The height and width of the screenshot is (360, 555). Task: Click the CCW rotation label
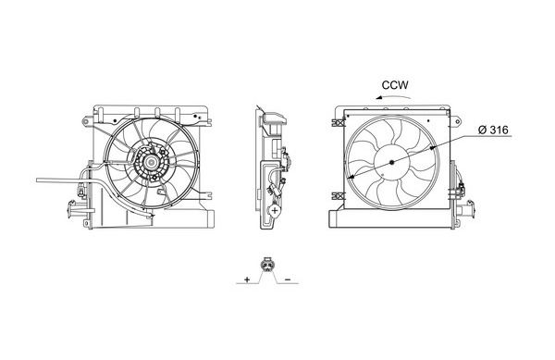[395, 85]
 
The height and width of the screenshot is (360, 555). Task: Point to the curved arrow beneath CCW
[393, 96]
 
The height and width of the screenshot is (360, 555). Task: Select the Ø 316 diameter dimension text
[493, 130]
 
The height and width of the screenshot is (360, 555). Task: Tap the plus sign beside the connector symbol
[247, 279]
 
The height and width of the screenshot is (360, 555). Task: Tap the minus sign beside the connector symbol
[288, 279]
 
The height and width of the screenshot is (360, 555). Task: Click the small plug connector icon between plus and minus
[266, 265]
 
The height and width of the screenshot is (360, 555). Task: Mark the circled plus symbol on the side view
[275, 210]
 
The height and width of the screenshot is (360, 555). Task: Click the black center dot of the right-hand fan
[391, 162]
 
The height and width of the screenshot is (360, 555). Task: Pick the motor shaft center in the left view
[152, 163]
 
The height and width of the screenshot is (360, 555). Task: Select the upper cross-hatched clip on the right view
[339, 122]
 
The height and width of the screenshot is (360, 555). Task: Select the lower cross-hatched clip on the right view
[339, 196]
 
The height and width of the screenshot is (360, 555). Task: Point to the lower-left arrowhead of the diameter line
[350, 177]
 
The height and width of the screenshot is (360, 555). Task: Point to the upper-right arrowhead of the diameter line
[434, 148]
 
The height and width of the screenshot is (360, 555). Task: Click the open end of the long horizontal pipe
[37, 180]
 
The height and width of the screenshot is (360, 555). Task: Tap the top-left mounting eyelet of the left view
[85, 121]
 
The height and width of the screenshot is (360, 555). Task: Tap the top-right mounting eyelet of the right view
[458, 122]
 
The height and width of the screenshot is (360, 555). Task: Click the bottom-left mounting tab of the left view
[86, 223]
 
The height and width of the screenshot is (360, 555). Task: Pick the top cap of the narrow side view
[275, 118]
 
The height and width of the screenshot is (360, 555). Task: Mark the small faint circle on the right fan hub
[384, 175]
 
